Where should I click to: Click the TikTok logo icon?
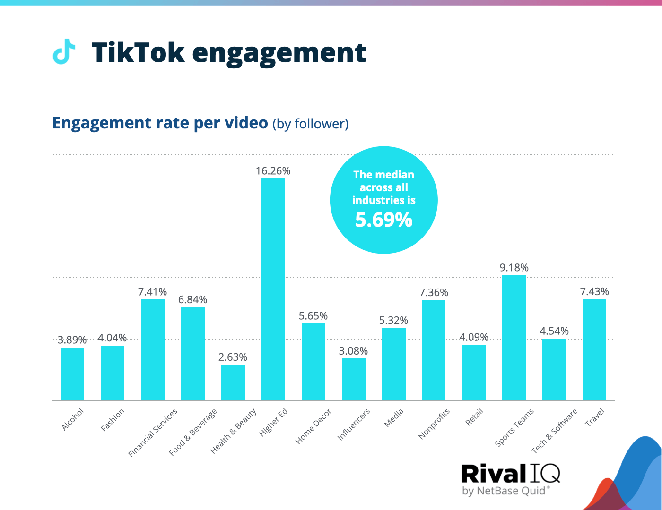point(63,51)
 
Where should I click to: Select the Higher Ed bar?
point(273,289)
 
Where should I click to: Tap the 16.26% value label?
point(273,171)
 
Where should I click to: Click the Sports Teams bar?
point(514,338)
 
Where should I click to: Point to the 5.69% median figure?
point(383,220)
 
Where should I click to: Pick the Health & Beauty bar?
point(233,382)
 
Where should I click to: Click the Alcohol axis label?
point(73,419)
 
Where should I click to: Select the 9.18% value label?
point(514,268)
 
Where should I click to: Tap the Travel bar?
point(594,349)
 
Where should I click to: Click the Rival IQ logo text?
point(510,474)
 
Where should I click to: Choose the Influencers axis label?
point(353,425)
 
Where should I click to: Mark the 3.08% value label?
point(353,351)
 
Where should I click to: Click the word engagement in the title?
point(279,53)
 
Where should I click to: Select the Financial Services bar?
point(153,349)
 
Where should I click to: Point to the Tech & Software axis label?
point(554,431)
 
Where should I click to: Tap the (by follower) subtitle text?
point(310,124)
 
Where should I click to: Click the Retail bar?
point(474,372)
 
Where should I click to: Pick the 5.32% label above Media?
point(393,320)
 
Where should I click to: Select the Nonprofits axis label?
point(434,424)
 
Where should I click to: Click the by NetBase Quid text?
point(504,491)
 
